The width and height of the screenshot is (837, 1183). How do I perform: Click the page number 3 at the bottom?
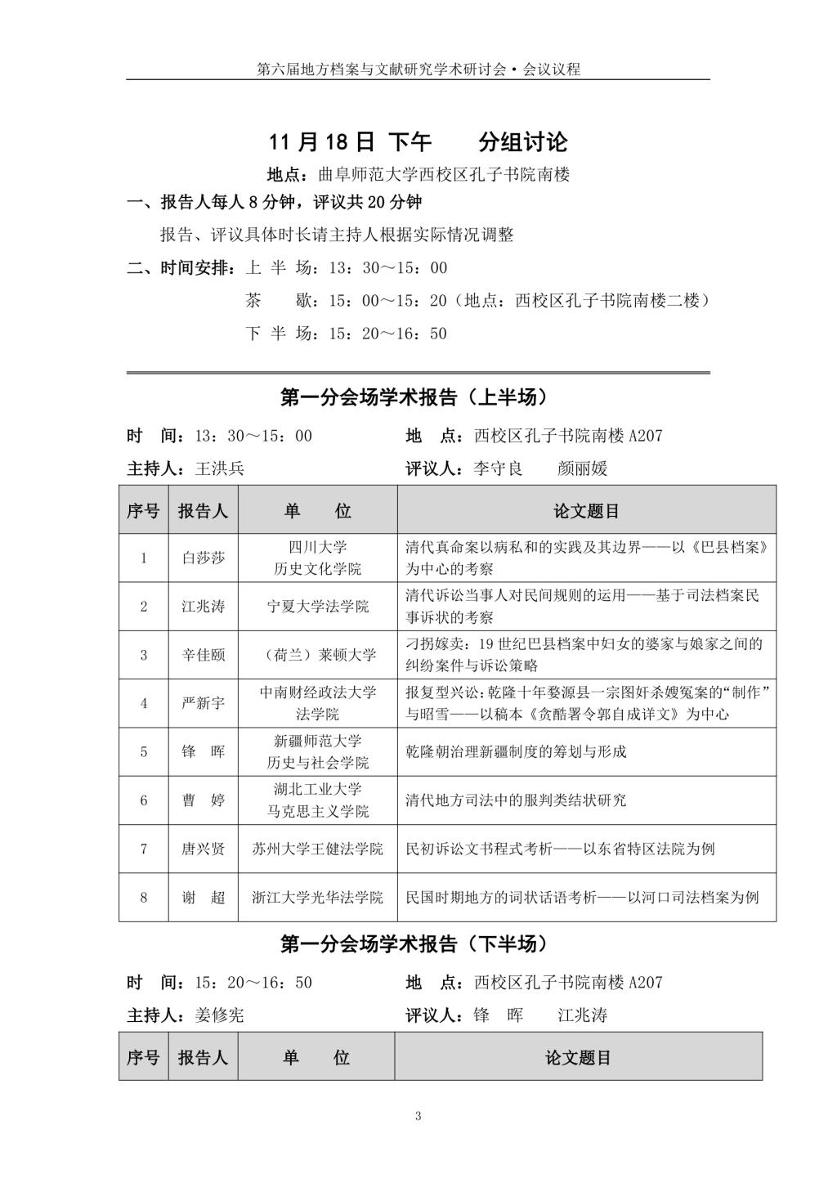click(418, 1117)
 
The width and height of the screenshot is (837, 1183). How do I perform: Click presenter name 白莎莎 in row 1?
click(203, 558)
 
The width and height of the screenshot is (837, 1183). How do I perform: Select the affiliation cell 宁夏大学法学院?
click(318, 607)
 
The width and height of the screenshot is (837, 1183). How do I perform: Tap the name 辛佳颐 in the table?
click(203, 655)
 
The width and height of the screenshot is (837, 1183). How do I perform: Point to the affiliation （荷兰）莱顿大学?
click(318, 655)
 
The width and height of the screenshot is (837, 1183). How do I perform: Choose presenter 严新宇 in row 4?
click(203, 703)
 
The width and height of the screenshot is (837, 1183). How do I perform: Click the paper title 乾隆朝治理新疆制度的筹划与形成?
click(516, 751)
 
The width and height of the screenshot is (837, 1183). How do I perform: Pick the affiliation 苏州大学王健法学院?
click(318, 849)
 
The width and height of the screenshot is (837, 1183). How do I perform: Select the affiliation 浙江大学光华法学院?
click(318, 897)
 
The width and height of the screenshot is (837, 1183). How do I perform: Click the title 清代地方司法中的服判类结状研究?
click(516, 800)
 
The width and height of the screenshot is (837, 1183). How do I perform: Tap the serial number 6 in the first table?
click(144, 800)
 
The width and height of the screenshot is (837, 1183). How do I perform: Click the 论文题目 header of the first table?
click(586, 511)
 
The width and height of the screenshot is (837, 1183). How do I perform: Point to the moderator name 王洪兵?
click(220, 468)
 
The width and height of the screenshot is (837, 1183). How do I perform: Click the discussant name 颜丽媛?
click(583, 468)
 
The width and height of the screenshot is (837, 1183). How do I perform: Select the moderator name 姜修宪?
click(220, 1015)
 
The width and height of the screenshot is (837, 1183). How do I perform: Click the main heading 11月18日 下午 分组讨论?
click(418, 142)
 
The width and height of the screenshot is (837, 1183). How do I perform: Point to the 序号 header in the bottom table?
click(144, 1058)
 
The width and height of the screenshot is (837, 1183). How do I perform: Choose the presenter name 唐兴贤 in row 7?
click(203, 849)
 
